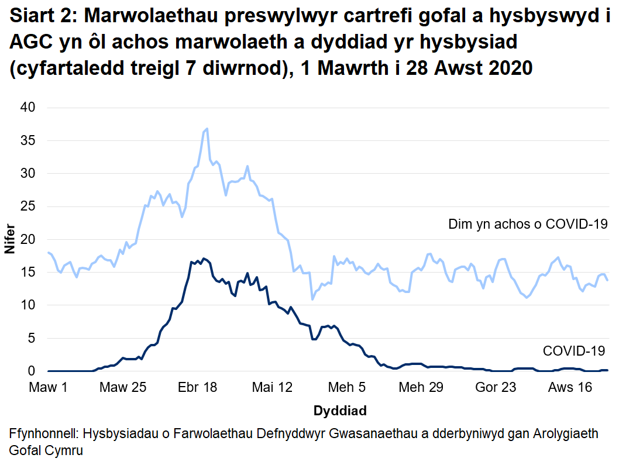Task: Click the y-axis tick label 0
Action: [x=33, y=371]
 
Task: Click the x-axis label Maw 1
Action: [x=49, y=387]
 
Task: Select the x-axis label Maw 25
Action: [x=123, y=387]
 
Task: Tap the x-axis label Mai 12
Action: [x=272, y=387]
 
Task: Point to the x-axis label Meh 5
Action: [x=347, y=387]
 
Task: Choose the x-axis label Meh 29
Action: [x=421, y=387]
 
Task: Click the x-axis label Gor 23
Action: [x=496, y=387]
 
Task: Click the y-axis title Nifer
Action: [x=11, y=240]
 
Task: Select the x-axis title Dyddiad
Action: [x=340, y=411]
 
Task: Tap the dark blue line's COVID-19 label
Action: [x=574, y=351]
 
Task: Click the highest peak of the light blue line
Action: [x=207, y=129]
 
